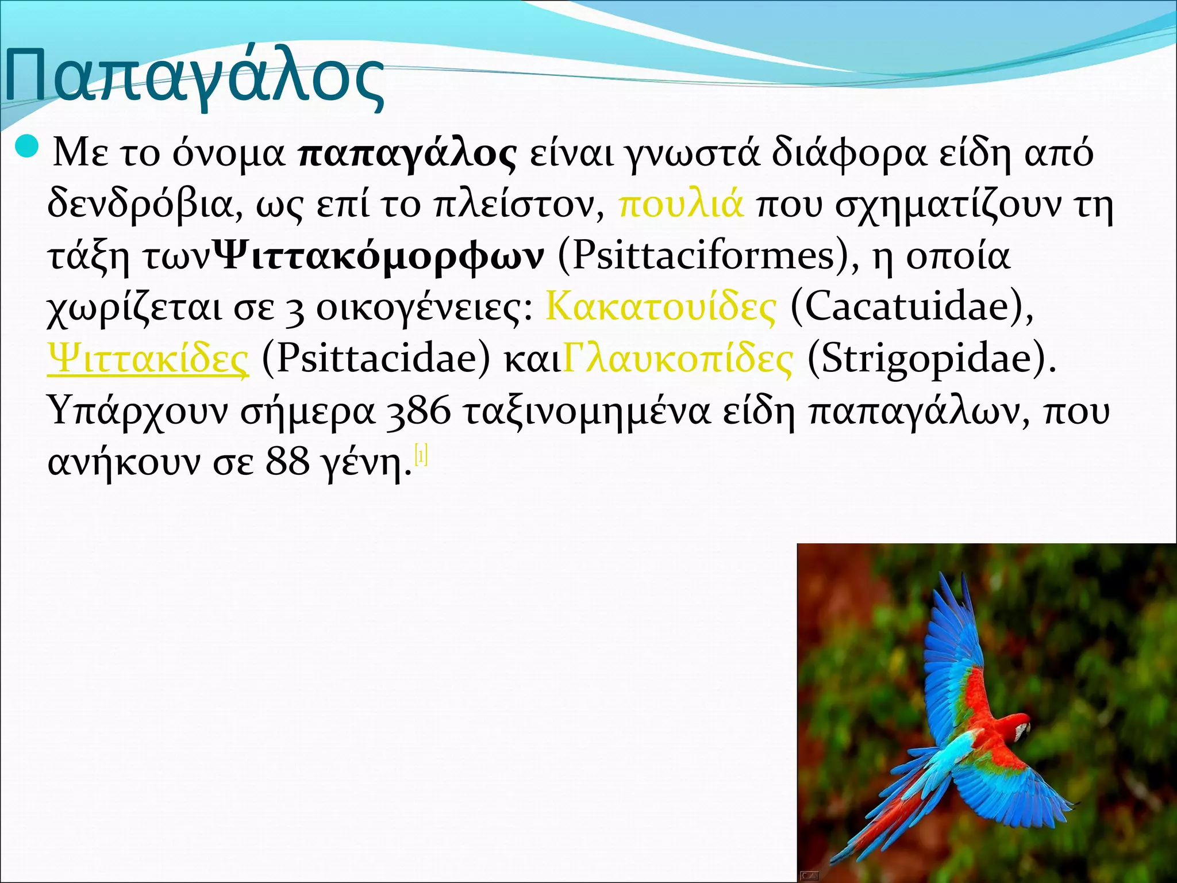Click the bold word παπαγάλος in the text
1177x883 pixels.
(x=408, y=154)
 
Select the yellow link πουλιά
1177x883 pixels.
(x=682, y=204)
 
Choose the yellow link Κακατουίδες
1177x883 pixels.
(x=660, y=307)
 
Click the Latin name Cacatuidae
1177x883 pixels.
(x=909, y=307)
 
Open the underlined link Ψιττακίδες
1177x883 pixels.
(x=149, y=359)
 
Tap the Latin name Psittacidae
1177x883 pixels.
(x=376, y=359)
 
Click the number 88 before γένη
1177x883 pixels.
(x=287, y=462)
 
